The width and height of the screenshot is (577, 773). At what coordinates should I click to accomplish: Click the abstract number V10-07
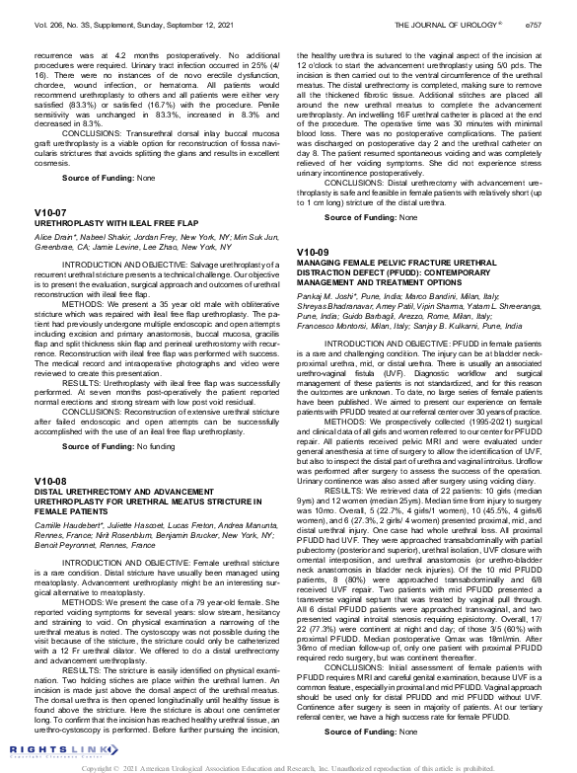point(50,212)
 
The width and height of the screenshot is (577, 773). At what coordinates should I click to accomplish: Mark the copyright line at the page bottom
point(288,766)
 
